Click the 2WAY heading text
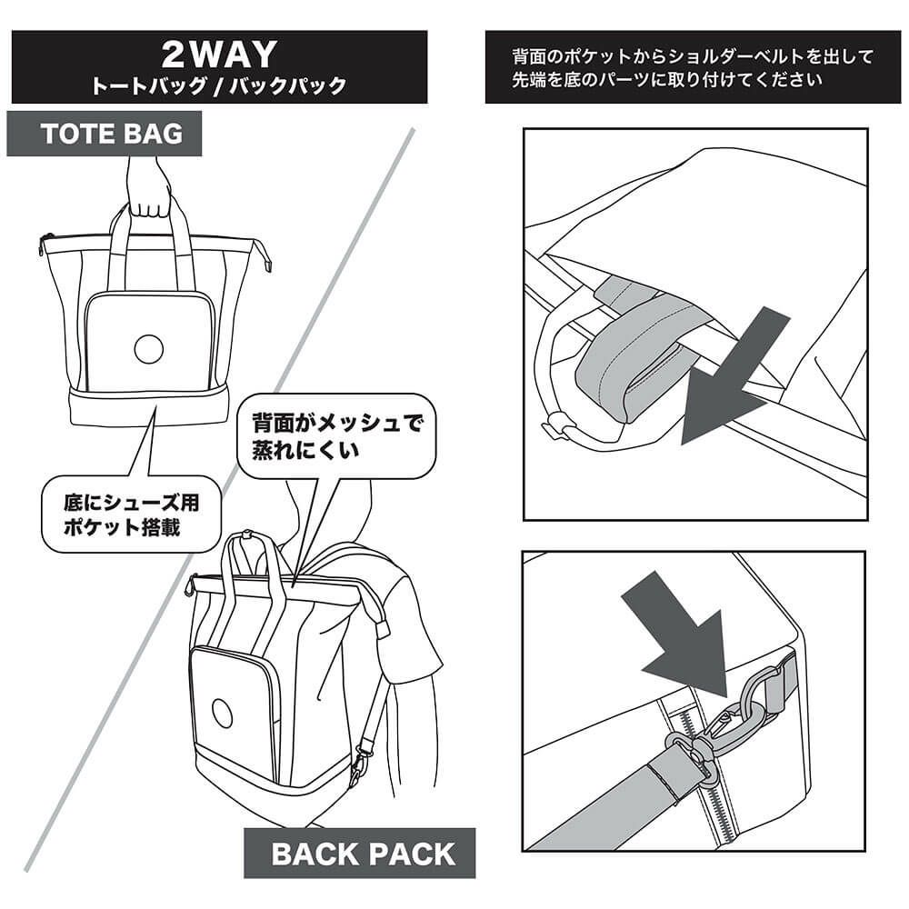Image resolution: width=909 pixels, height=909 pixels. [x=218, y=55]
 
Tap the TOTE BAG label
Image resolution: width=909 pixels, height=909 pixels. [x=112, y=134]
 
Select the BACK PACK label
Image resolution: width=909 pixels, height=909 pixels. [x=362, y=854]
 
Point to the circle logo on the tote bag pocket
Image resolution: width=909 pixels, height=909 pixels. [x=147, y=347]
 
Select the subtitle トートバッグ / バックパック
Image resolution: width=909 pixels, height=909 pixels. [x=218, y=87]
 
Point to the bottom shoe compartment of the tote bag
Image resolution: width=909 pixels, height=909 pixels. [x=150, y=405]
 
